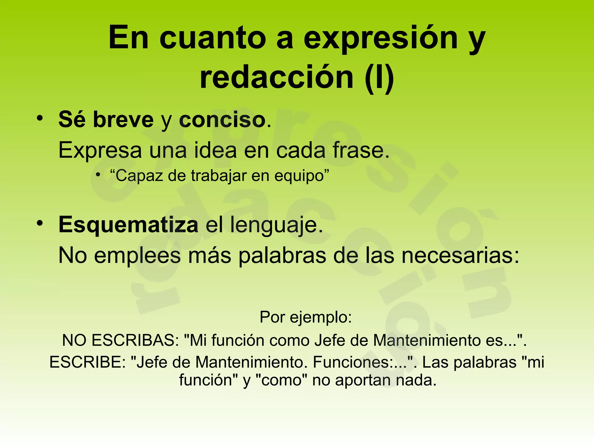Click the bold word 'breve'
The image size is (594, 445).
tap(123, 119)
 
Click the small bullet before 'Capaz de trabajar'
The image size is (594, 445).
tap(98, 175)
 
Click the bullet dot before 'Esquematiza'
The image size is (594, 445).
tap(40, 223)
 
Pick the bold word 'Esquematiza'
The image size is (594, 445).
tap(128, 225)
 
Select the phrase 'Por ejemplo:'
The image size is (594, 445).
tap(306, 317)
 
